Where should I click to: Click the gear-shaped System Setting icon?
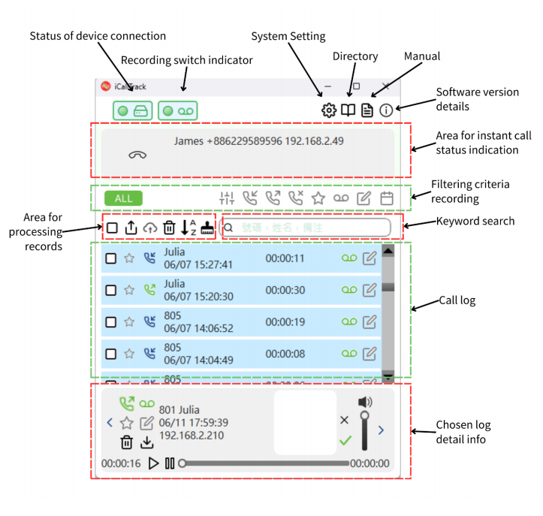coord(329,110)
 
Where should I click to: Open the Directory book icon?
coord(348,110)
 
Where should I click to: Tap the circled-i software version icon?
coord(386,110)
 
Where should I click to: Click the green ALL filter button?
coord(123,198)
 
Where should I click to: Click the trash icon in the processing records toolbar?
coord(169,228)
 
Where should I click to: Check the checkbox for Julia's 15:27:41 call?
coord(111,258)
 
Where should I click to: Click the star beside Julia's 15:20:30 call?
coord(129,289)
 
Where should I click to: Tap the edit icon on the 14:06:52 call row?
coord(370,321)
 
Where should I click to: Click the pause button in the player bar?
coord(170,463)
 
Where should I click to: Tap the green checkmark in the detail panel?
coord(345,440)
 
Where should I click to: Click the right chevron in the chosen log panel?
coord(381,430)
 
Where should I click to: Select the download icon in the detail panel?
coord(147,443)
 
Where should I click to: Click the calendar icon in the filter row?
coord(387,198)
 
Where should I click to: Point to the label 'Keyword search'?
coord(476,222)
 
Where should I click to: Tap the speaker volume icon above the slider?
coord(365,403)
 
